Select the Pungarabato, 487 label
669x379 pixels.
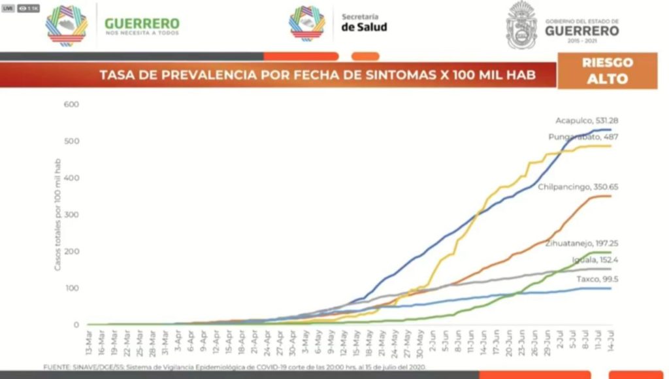tap(583, 137)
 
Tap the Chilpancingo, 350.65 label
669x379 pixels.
tap(578, 187)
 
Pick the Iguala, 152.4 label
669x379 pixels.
tap(595, 260)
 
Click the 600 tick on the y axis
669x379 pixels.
tap(71, 105)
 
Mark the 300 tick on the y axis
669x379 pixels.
tap(71, 215)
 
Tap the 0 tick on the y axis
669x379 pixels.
tap(76, 325)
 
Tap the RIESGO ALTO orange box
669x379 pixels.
tap(607, 71)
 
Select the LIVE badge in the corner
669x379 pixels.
tap(8, 8)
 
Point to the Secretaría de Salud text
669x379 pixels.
tap(364, 22)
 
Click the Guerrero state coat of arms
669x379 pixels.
tap(521, 25)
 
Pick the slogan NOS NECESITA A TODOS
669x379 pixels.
tap(142, 32)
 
